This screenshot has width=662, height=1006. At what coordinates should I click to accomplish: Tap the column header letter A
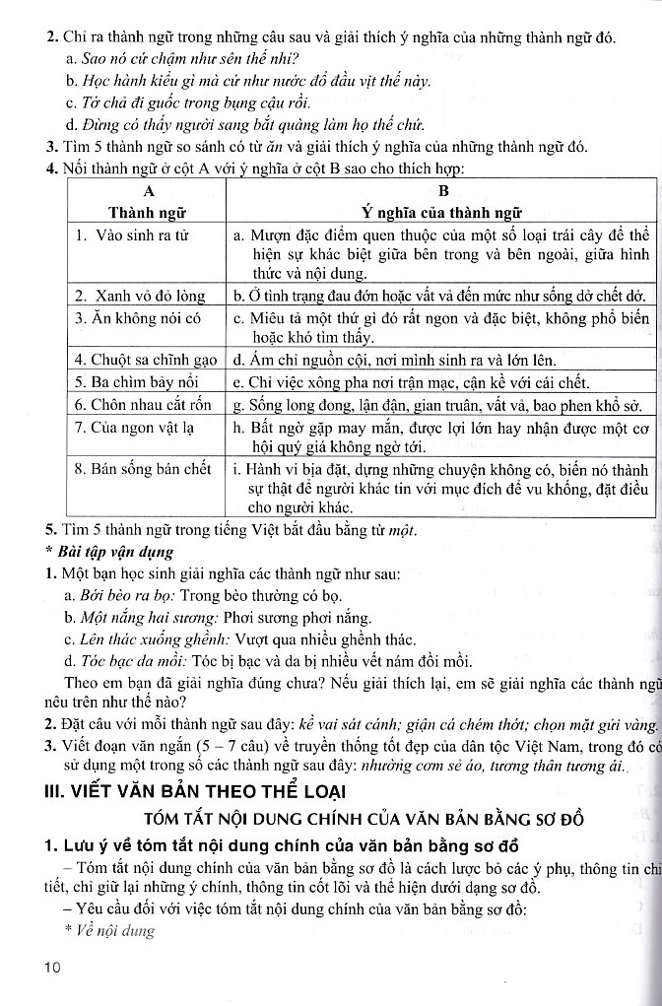pos(149,191)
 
